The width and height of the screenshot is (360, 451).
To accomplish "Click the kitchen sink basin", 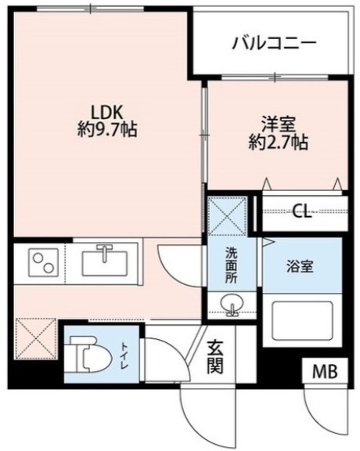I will (x=105, y=260).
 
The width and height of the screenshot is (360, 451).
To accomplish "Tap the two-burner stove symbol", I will (x=39, y=262).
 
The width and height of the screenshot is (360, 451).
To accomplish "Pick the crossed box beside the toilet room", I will (x=35, y=338).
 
